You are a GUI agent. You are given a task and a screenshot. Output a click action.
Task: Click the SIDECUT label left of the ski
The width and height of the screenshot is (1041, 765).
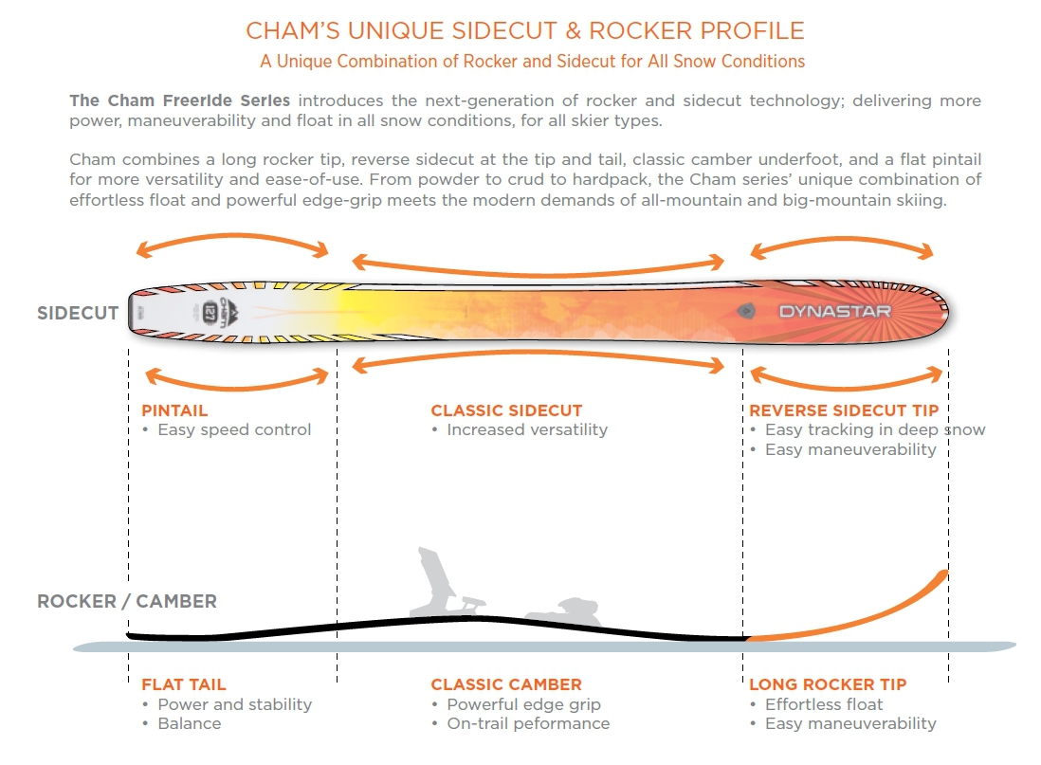[78, 313]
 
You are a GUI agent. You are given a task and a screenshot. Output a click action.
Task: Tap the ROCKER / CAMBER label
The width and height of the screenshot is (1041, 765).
[127, 601]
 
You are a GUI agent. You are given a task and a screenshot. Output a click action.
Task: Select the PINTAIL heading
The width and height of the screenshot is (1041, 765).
[174, 410]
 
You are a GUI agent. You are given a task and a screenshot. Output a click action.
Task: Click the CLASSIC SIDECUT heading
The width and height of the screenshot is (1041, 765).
[506, 410]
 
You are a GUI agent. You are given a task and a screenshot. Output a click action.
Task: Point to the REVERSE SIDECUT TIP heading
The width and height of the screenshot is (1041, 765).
[844, 410]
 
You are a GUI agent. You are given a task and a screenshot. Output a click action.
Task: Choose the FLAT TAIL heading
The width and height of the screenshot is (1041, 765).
[184, 684]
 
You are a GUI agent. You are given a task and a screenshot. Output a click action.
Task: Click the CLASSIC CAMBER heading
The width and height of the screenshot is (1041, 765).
[506, 684]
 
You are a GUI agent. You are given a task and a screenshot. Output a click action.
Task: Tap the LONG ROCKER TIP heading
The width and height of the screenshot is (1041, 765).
[828, 684]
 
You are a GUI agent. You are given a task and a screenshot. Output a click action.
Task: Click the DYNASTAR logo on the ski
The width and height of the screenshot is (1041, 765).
[834, 311]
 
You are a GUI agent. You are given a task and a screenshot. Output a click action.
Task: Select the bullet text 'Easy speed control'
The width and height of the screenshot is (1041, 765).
[234, 429]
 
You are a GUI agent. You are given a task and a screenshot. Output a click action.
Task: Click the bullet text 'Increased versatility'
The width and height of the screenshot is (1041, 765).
[527, 429]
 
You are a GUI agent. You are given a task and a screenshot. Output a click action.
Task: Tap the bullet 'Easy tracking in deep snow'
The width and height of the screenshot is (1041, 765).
[875, 429]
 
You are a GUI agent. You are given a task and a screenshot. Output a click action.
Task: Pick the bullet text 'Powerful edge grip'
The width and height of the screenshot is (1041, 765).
[524, 704]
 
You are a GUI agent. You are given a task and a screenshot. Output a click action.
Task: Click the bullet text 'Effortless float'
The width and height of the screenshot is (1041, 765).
[824, 704]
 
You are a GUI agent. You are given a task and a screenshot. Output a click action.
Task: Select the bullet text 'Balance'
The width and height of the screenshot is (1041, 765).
[190, 723]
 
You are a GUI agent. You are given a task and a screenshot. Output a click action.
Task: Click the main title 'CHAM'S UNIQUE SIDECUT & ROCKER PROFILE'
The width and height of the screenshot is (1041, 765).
[525, 30]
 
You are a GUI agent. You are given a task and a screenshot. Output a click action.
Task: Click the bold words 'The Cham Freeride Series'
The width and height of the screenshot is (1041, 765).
[180, 100]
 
